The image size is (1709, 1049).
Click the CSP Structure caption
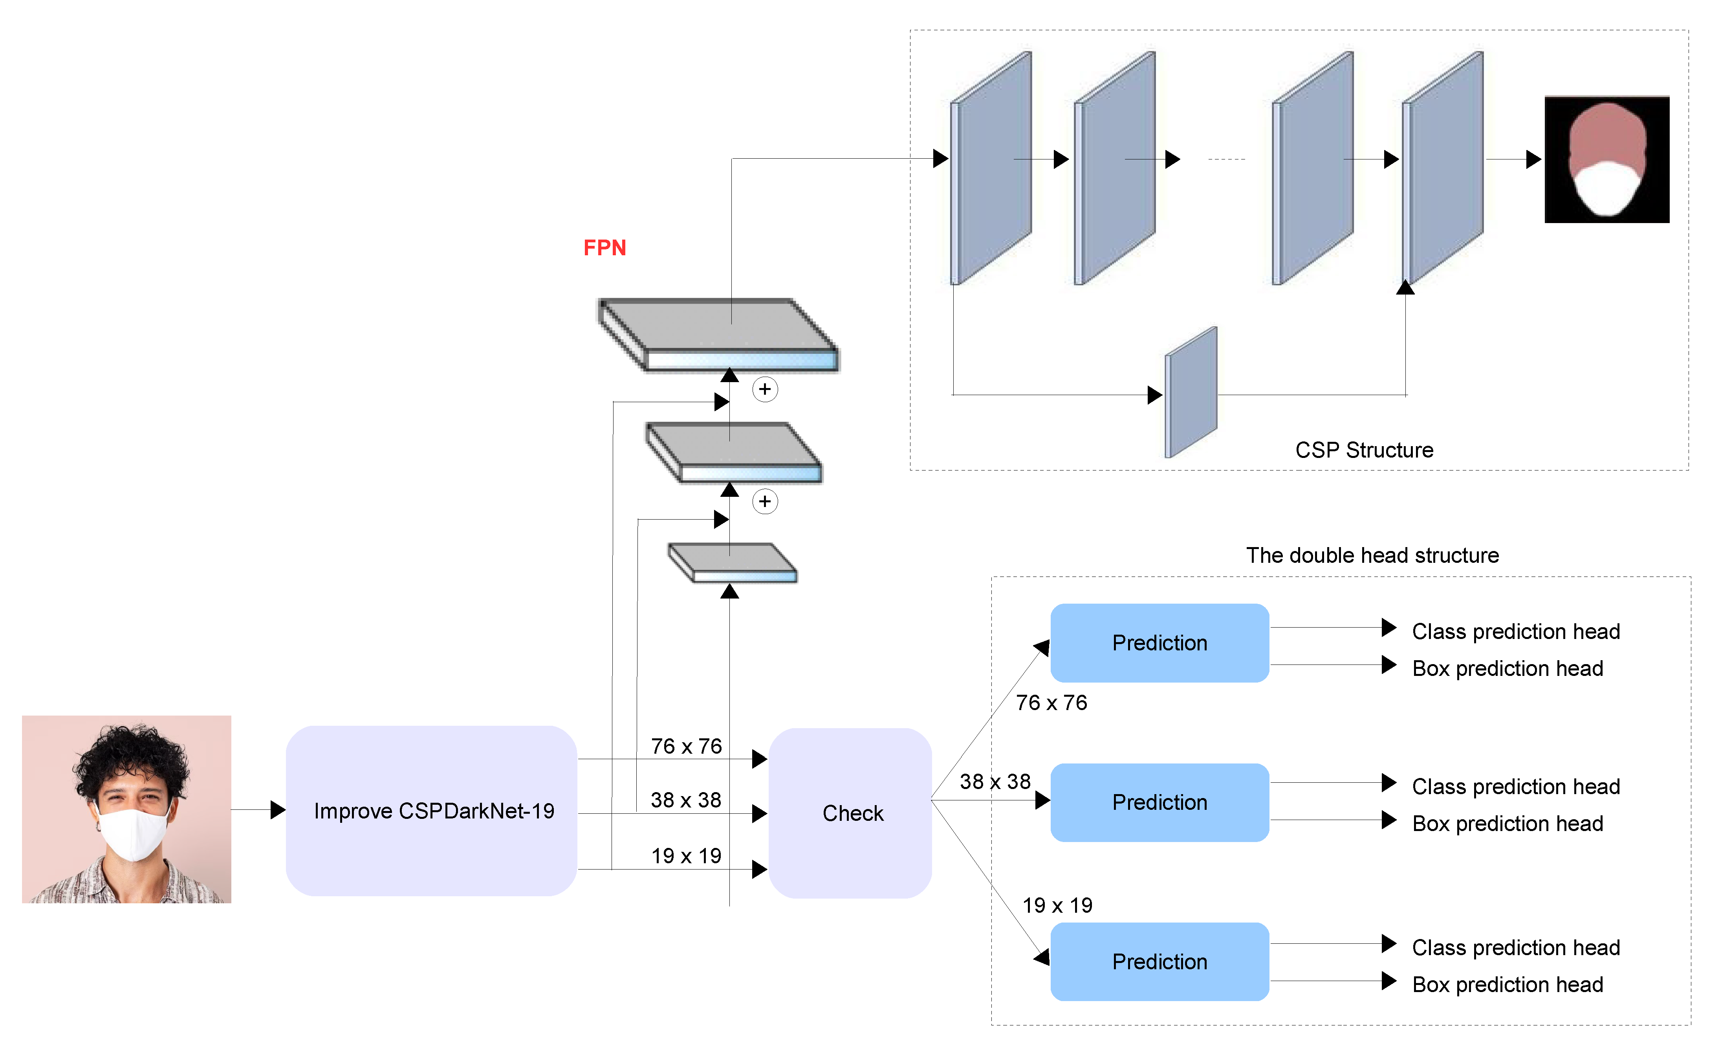click(x=1363, y=450)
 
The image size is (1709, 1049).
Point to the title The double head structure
click(x=1372, y=555)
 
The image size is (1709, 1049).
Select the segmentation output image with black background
click(x=1606, y=159)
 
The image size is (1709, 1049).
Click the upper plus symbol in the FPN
click(x=765, y=389)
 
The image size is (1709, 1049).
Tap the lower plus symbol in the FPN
click(x=765, y=502)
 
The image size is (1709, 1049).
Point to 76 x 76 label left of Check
click(x=685, y=746)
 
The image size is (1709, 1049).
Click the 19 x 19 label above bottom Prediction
click(x=1057, y=905)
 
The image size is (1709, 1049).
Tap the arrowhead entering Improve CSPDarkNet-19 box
click(x=278, y=810)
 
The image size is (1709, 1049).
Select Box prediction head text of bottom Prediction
click(x=1507, y=985)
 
